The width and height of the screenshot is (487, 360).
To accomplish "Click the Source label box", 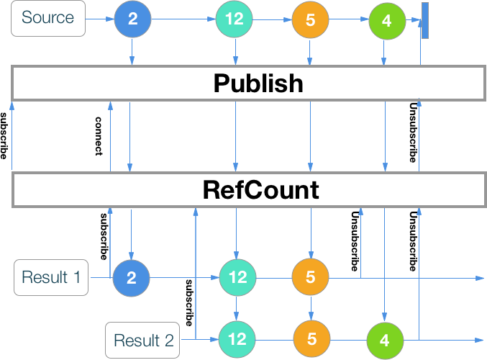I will (47, 18).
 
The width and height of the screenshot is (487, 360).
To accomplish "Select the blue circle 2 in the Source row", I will (132, 20).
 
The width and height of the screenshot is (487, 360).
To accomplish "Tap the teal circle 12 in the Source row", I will (235, 20).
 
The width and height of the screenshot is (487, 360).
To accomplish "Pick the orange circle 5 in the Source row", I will (310, 20).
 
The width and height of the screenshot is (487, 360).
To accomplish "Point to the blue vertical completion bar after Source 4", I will (425, 20).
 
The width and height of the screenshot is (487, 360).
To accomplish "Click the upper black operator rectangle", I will (248, 83).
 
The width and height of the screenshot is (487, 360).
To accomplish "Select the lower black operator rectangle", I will (248, 189).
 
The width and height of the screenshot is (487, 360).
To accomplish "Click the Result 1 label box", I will (51, 277).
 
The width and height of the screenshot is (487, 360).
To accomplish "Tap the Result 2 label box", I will (143, 340).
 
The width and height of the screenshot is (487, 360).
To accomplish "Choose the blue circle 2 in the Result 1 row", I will (131, 277).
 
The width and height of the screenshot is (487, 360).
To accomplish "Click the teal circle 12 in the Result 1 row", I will (237, 277).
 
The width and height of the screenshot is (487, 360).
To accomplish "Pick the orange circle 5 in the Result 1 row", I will (310, 277).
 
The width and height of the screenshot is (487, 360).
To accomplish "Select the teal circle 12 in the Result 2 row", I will (237, 339).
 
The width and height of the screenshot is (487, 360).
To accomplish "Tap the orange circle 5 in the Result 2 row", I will (311, 339).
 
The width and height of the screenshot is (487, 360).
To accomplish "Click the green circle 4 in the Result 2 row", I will (385, 339).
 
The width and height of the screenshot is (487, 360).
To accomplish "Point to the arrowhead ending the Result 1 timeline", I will (480, 277).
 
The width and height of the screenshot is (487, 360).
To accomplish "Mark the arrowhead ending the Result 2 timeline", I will (480, 339).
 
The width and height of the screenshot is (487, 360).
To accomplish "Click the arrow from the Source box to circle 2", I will (99, 20).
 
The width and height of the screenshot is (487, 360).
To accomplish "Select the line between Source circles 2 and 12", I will (183, 20).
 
